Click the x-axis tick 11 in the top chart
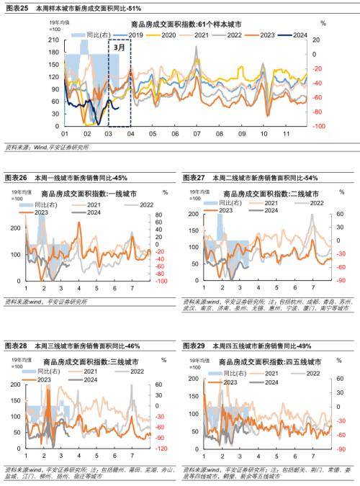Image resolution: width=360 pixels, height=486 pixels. tap(286, 134)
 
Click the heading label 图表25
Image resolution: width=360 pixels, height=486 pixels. tap(15, 7)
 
